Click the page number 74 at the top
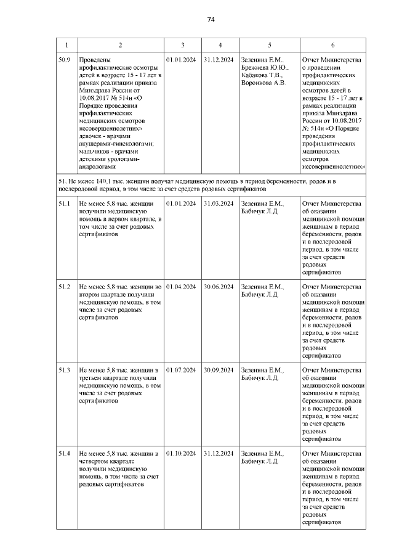[x=210, y=20]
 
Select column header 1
[x=66, y=45]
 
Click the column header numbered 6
[x=332, y=45]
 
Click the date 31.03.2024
[x=219, y=203]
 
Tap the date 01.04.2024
[x=181, y=287]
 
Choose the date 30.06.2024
[x=219, y=287]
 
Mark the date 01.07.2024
[x=181, y=370]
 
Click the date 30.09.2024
[x=219, y=370]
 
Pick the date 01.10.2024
[x=181, y=454]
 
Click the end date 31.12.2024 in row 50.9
[x=219, y=60]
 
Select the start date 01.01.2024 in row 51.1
[x=181, y=203]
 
